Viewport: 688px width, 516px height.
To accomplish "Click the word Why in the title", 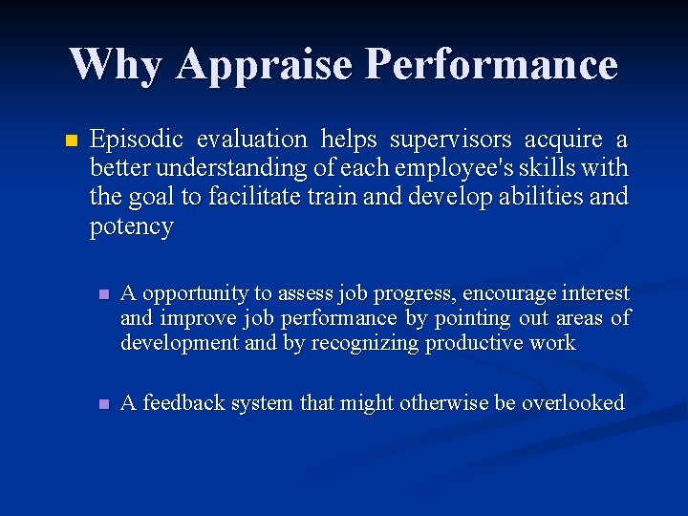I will click(x=116, y=64).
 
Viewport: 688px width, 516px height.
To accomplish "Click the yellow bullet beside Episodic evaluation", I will click(x=68, y=141).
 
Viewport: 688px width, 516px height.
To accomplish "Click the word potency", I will click(x=131, y=226).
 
